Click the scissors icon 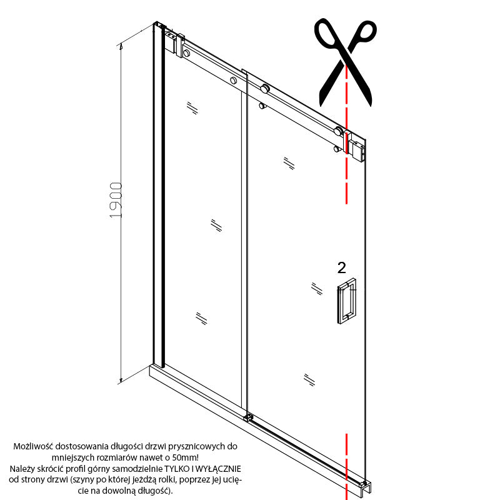(346, 62)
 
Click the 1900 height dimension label (116, 200)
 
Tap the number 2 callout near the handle (341, 268)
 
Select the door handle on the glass (347, 301)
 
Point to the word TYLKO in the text (176, 469)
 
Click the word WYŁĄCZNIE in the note (217, 469)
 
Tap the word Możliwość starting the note (33, 446)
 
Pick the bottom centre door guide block (248, 417)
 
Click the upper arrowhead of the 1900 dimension (121, 47)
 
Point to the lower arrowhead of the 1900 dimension (121, 379)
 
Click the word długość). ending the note (155, 491)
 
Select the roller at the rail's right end (338, 131)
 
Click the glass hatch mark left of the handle (317, 289)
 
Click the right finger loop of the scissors (364, 32)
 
